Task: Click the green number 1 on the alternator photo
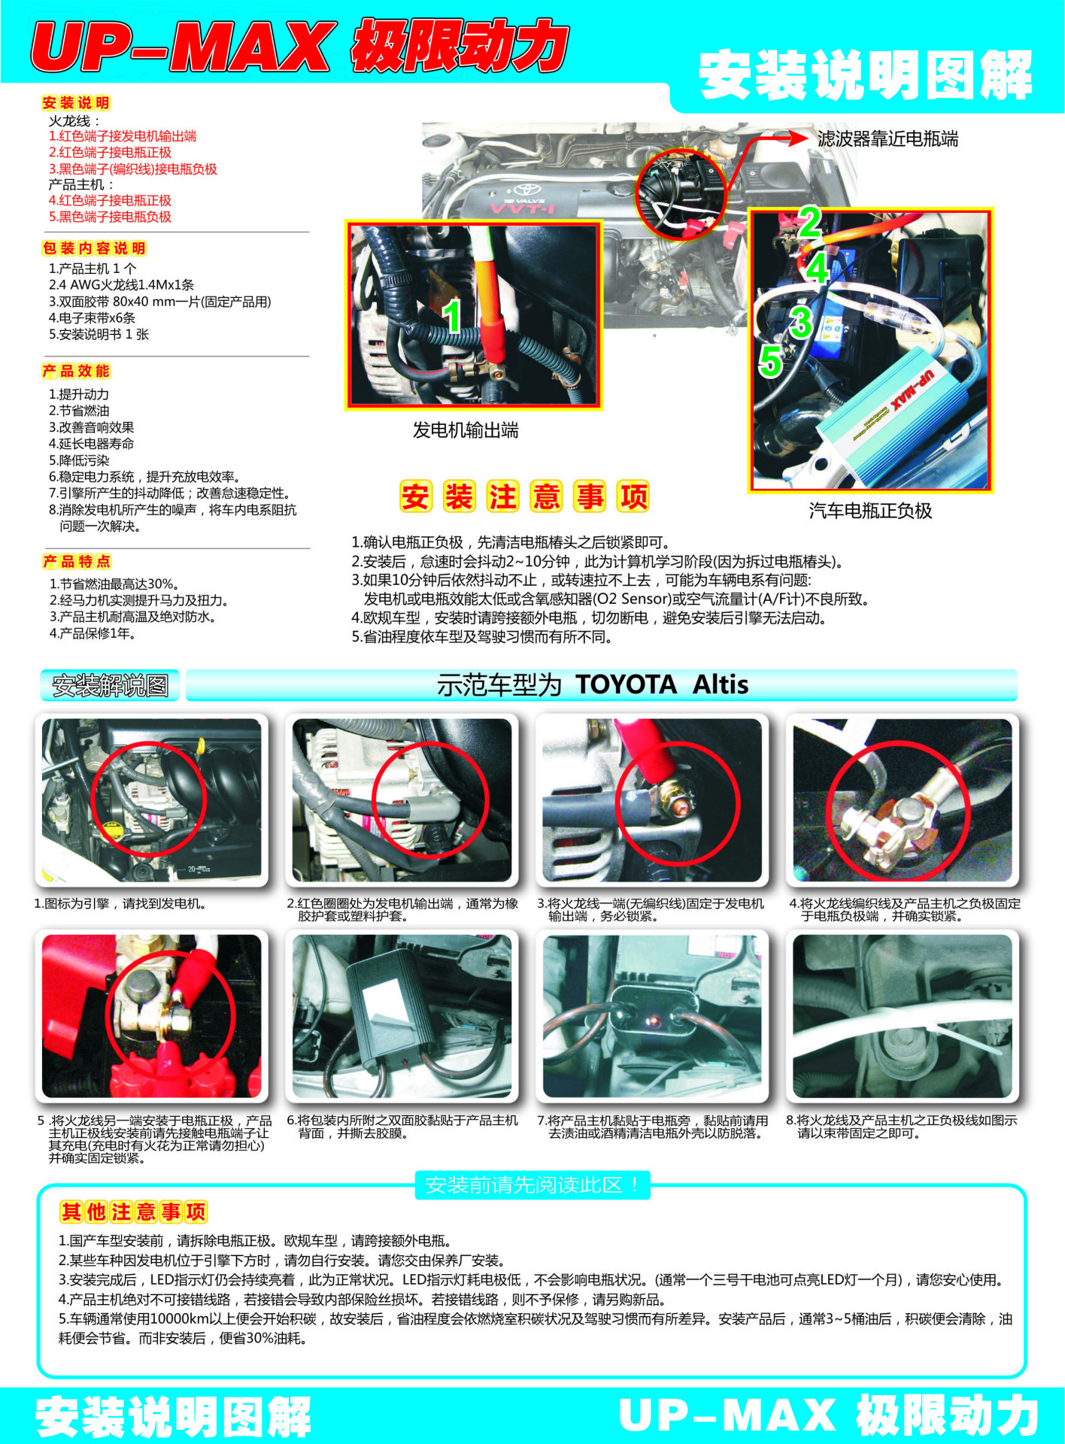451,317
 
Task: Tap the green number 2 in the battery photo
809,222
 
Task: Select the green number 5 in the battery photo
770,360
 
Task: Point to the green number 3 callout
801,322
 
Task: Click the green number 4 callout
818,268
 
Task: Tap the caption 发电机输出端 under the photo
466,430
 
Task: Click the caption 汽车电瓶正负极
870,511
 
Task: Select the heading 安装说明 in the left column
76,103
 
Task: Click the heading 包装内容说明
94,248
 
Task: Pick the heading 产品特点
77,561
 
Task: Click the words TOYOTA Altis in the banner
662,684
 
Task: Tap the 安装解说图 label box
110,685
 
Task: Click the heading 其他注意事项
134,1212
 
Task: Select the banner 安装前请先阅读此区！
532,1185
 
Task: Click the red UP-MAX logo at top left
181,47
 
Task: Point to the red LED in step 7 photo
653,1021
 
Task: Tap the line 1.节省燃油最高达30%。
114,584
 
